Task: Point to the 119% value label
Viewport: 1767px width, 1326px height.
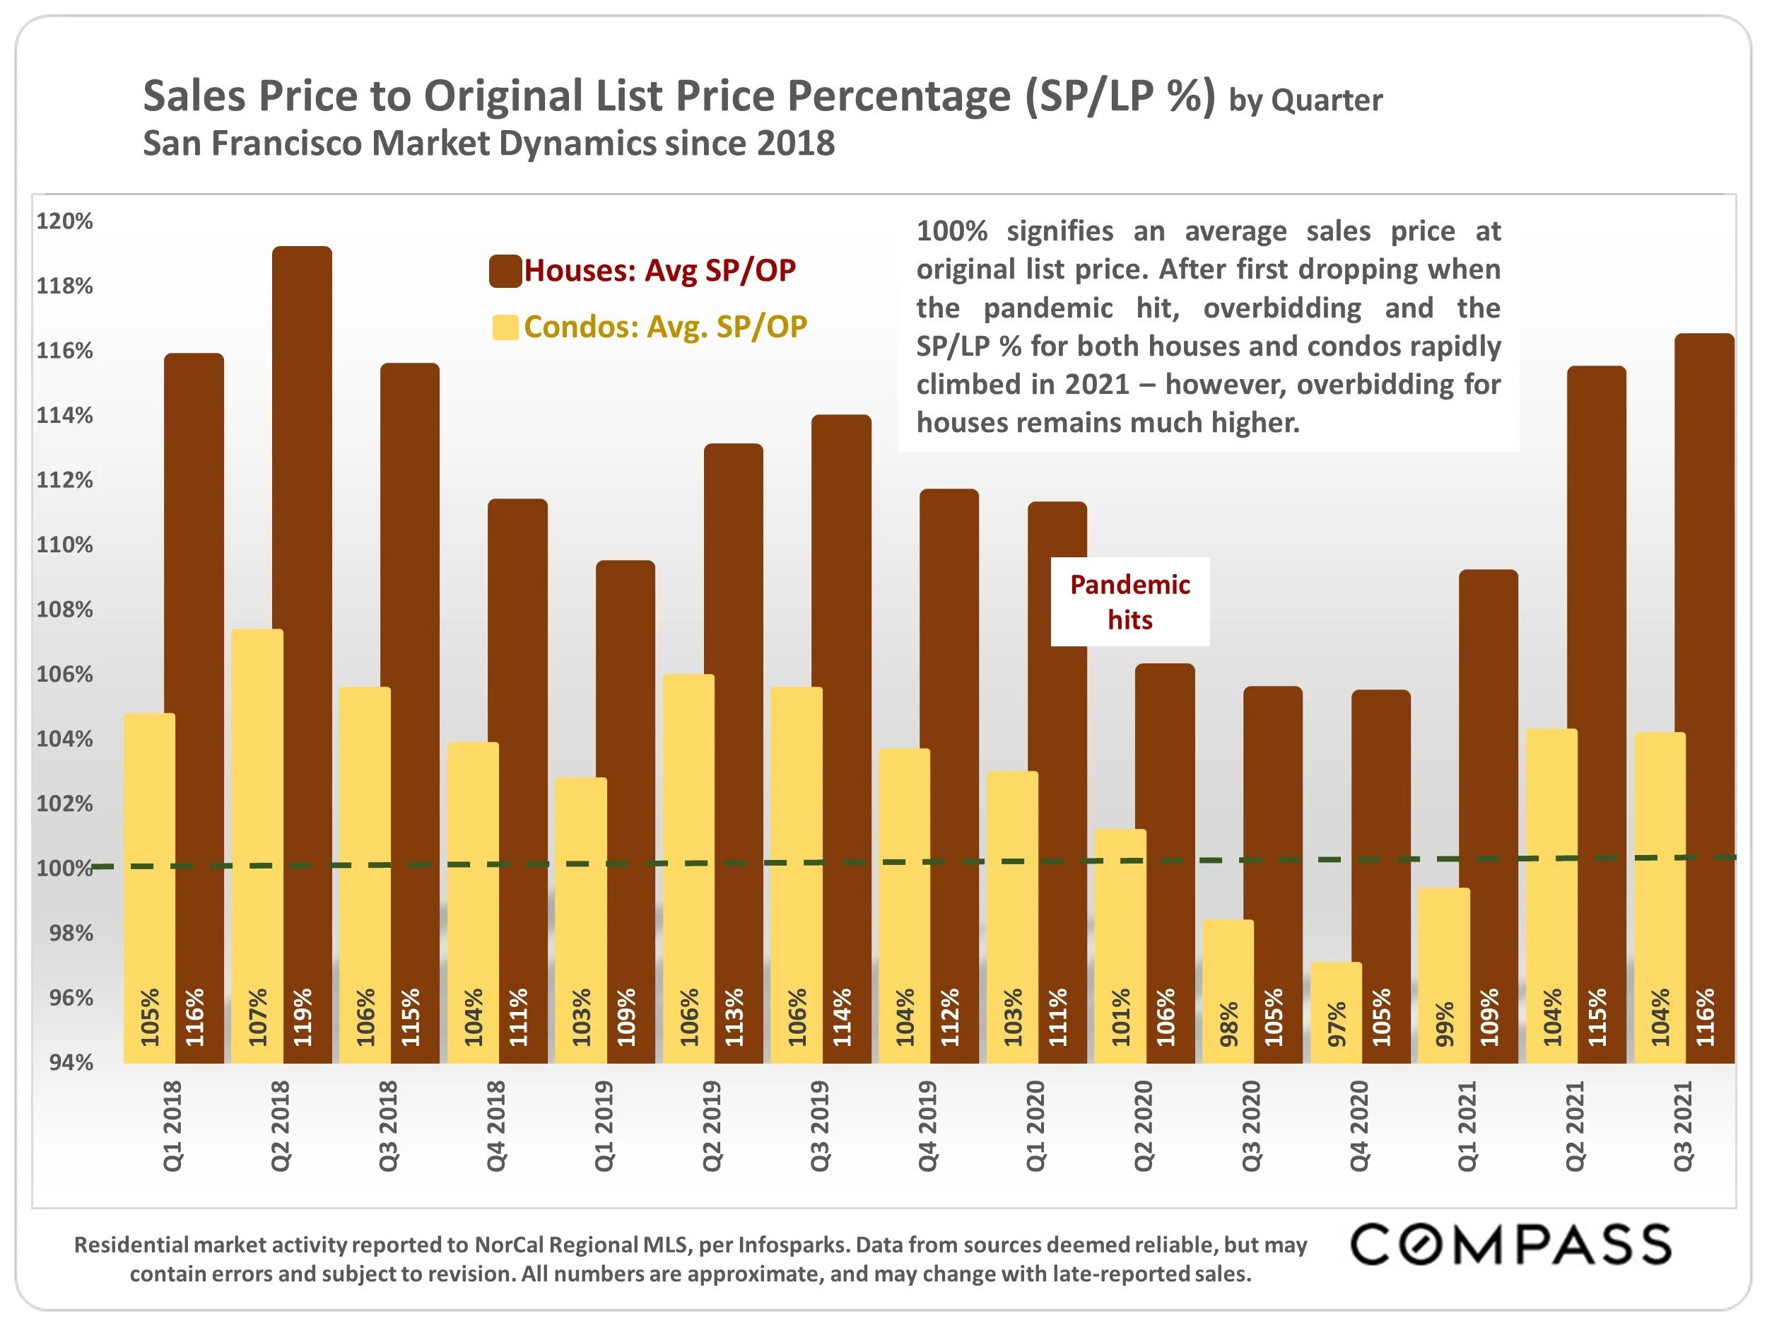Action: click(x=303, y=1017)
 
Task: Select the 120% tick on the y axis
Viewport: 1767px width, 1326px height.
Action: click(x=65, y=221)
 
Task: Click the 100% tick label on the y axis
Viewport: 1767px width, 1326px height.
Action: click(x=65, y=868)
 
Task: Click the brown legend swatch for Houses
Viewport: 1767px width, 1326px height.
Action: click(x=505, y=271)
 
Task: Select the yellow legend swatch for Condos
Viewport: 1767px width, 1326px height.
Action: click(x=505, y=327)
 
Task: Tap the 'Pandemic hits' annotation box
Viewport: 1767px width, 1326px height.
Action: click(x=1129, y=602)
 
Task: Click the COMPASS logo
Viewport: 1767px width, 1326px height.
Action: click(x=1510, y=1245)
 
